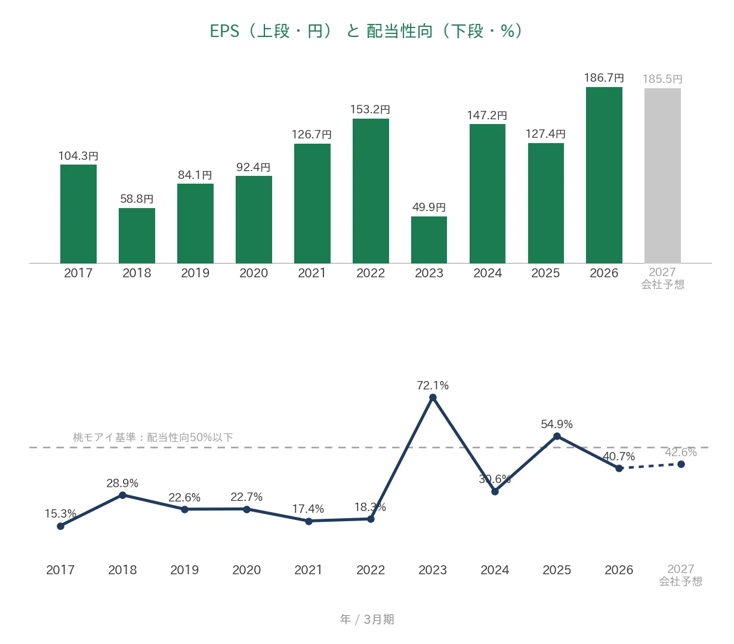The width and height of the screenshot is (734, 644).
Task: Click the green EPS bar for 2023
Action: click(x=428, y=240)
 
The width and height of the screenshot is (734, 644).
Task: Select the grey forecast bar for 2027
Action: click(x=662, y=175)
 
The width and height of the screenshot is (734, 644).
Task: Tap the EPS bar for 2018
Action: click(x=137, y=236)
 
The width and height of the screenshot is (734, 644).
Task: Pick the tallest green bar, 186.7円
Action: click(x=604, y=175)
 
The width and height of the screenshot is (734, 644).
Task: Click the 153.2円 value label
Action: click(x=370, y=109)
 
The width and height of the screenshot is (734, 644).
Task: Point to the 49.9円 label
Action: click(x=428, y=207)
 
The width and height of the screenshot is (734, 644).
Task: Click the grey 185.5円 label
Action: click(x=662, y=79)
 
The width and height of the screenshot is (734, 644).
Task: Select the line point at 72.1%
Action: click(x=433, y=398)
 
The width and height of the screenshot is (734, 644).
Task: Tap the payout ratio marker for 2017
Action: click(x=60, y=526)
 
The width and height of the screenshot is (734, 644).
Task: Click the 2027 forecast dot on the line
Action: click(x=681, y=464)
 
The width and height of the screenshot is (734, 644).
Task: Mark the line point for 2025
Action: click(x=557, y=436)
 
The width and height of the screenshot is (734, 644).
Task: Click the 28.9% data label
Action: click(x=122, y=483)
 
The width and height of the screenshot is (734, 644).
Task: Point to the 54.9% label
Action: click(x=557, y=424)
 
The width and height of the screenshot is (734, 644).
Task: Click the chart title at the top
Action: click(x=366, y=31)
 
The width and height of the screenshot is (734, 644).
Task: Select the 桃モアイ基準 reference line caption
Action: click(x=153, y=437)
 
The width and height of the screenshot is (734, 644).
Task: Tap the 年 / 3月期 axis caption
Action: click(x=367, y=620)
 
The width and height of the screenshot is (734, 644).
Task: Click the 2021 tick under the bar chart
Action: click(x=312, y=273)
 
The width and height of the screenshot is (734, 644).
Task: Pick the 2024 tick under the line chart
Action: click(x=495, y=570)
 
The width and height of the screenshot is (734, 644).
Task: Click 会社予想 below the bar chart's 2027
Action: click(x=662, y=284)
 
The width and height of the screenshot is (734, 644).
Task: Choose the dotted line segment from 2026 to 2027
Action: click(x=650, y=466)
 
